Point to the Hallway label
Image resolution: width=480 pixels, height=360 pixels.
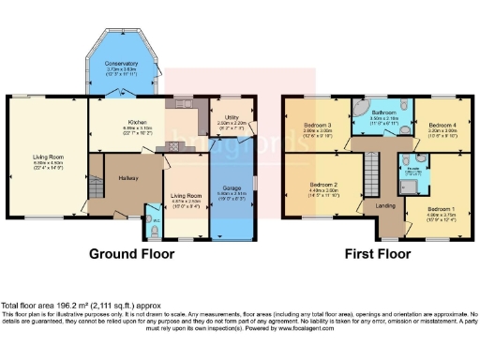point(128,177)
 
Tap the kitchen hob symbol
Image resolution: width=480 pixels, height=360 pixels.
point(172,147)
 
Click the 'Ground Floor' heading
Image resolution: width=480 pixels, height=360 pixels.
point(132,253)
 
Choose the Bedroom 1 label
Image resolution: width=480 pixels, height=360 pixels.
point(440,207)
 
